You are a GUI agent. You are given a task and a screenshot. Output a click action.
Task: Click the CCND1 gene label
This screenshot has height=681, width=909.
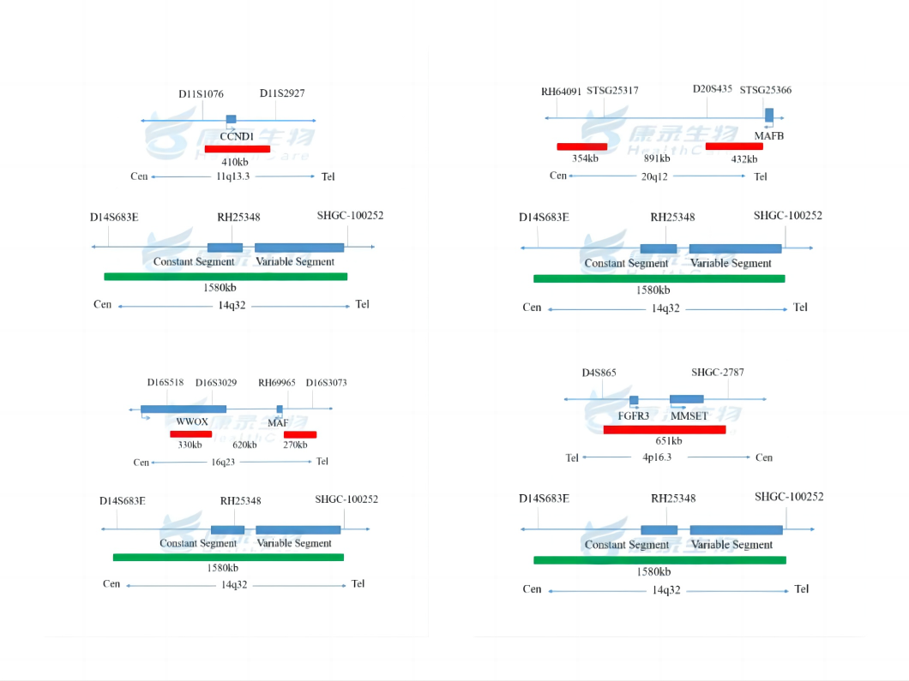point(237,136)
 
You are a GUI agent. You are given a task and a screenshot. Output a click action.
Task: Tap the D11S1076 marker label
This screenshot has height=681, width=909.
point(201,93)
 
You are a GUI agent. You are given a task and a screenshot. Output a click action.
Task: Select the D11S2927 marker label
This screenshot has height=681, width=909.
point(282,93)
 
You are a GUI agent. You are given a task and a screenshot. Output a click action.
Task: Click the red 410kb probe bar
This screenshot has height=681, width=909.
point(238,149)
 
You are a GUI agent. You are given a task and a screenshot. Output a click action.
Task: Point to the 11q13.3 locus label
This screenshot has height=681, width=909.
point(232,176)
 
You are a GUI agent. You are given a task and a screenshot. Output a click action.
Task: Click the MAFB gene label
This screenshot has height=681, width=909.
point(768,135)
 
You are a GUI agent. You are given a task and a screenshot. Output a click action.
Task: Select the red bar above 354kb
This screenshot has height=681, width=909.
point(581,146)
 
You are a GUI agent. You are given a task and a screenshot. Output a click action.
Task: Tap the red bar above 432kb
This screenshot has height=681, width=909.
point(734,146)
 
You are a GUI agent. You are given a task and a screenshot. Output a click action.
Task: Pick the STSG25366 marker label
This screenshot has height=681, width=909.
point(765,90)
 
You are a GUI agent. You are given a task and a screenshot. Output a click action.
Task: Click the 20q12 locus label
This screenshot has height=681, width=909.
point(654,176)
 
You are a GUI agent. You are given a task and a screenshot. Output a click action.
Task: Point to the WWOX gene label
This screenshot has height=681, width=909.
point(192,421)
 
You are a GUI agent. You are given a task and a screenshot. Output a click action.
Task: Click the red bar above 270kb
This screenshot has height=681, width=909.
point(300,434)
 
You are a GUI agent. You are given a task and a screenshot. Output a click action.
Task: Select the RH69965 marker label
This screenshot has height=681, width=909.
point(277,383)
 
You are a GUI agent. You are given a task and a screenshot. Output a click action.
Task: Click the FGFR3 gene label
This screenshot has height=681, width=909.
point(633,415)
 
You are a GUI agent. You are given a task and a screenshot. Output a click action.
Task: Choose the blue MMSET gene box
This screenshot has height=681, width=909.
point(686,399)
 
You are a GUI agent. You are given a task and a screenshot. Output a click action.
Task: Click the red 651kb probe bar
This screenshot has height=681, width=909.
point(665,429)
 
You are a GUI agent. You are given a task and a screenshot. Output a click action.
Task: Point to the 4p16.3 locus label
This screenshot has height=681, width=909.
point(658,457)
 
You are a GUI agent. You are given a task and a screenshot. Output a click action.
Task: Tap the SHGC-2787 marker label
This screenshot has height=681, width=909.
point(717,372)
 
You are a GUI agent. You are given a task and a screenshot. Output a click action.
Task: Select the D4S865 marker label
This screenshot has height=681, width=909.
point(599,373)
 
